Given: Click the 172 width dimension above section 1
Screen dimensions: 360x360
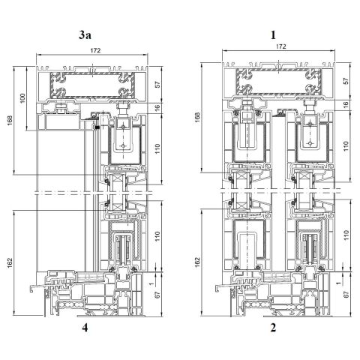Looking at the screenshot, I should tap(280, 46).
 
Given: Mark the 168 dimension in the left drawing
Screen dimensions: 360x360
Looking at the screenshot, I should tap(7, 121).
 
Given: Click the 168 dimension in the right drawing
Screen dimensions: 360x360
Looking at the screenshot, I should tap(197, 118).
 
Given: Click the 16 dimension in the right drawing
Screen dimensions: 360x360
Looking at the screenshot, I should tap(346, 106).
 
